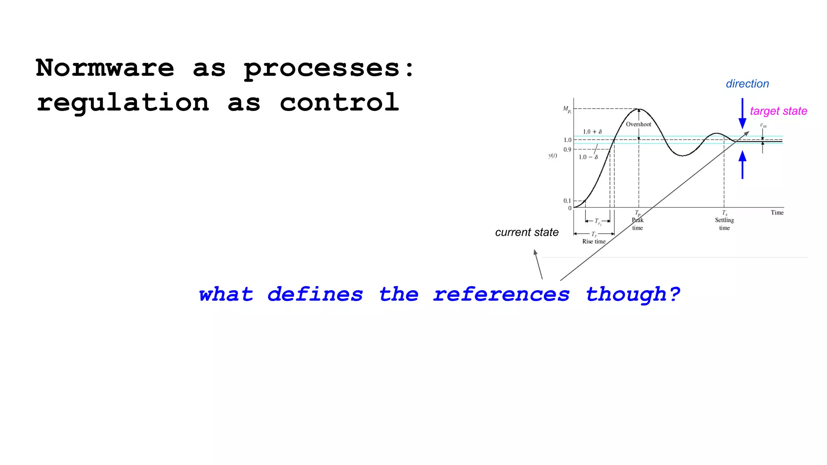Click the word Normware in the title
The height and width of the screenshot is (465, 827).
click(105, 68)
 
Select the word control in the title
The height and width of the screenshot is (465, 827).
click(340, 102)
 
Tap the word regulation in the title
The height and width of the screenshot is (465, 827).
click(123, 103)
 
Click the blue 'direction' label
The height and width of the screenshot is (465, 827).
click(747, 84)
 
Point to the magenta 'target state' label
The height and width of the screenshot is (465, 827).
click(778, 111)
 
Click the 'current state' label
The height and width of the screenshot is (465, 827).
click(527, 232)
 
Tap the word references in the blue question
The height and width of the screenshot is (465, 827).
click(501, 294)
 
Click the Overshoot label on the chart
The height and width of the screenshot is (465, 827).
click(638, 124)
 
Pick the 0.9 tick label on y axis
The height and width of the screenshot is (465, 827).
click(567, 150)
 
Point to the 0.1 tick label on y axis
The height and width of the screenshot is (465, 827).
click(567, 201)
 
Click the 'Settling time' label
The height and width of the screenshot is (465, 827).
click(724, 224)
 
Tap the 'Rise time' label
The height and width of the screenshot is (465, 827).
click(594, 241)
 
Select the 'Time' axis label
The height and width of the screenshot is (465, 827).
click(777, 213)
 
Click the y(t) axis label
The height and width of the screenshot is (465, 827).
click(552, 156)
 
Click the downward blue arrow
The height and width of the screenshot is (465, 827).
click(742, 113)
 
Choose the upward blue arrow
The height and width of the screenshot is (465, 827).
click(742, 164)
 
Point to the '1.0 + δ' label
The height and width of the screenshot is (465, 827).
click(592, 132)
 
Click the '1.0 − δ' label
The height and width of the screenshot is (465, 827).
click(588, 157)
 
